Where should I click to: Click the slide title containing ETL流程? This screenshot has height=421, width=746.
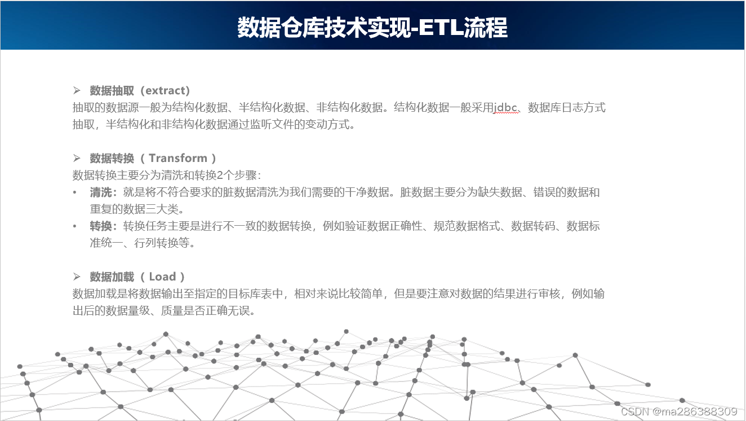(x=372, y=27)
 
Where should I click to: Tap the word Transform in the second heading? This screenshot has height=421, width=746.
(x=178, y=158)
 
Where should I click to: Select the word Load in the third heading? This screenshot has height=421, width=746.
(x=162, y=277)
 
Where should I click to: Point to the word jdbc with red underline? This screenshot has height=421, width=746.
(x=505, y=107)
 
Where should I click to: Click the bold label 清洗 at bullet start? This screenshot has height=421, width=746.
(x=101, y=192)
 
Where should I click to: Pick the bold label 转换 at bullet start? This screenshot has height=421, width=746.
(x=101, y=226)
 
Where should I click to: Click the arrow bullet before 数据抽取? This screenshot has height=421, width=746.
(x=77, y=90)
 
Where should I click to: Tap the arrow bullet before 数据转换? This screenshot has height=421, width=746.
(x=77, y=158)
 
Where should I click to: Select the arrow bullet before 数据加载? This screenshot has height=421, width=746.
(x=77, y=277)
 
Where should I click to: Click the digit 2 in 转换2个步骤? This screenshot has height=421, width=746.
(x=220, y=176)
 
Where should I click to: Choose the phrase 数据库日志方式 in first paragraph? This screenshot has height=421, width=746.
(x=566, y=107)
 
